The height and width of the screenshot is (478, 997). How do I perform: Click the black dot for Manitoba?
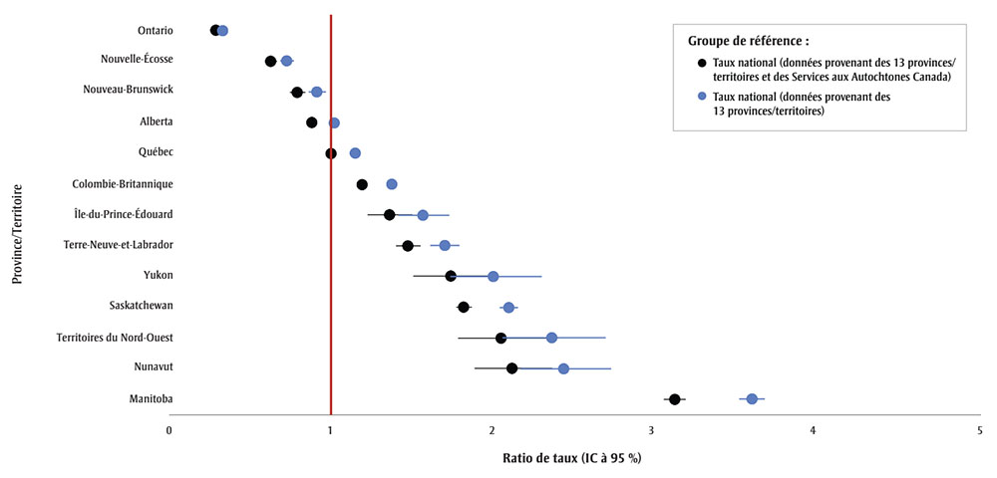click(675, 399)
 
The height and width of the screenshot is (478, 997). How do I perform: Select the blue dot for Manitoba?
click(752, 399)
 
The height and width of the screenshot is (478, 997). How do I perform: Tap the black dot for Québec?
click(331, 153)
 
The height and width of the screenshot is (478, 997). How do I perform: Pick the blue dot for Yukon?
click(493, 276)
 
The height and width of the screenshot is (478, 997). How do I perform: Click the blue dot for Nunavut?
click(563, 368)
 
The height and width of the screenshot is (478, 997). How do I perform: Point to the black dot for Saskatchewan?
click(464, 307)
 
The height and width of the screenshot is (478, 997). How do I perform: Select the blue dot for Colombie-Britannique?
click(392, 184)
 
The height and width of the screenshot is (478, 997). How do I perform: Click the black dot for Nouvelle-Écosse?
click(270, 61)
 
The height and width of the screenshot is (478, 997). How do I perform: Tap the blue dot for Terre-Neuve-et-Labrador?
click(445, 245)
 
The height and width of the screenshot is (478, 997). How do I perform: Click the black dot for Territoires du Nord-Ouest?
click(500, 338)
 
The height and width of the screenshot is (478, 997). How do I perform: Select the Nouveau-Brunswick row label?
click(128, 90)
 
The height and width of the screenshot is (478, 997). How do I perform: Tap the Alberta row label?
click(156, 121)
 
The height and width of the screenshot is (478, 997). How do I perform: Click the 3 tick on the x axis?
click(651, 430)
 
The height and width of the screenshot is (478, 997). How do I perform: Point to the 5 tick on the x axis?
click(979, 430)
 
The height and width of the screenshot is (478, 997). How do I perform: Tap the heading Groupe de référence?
click(748, 41)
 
